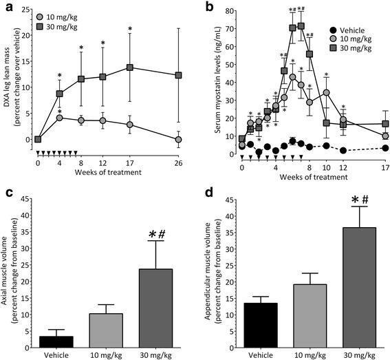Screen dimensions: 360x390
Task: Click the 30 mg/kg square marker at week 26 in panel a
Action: click(x=179, y=75)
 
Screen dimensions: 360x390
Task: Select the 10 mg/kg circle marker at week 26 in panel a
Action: click(x=179, y=139)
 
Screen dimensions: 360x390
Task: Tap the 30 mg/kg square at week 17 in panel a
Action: click(x=129, y=67)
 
